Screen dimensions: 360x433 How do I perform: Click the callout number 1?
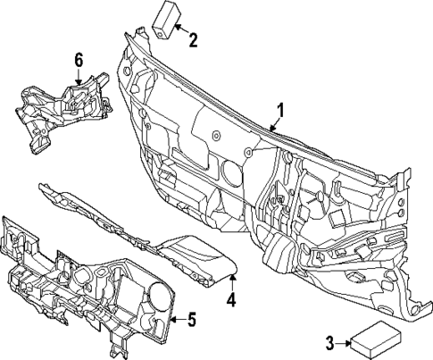pos(279,110)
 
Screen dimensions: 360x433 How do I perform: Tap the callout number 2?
pos(194,38)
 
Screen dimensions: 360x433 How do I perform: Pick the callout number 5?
pos(190,319)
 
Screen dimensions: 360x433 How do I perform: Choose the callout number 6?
pos(79,60)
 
